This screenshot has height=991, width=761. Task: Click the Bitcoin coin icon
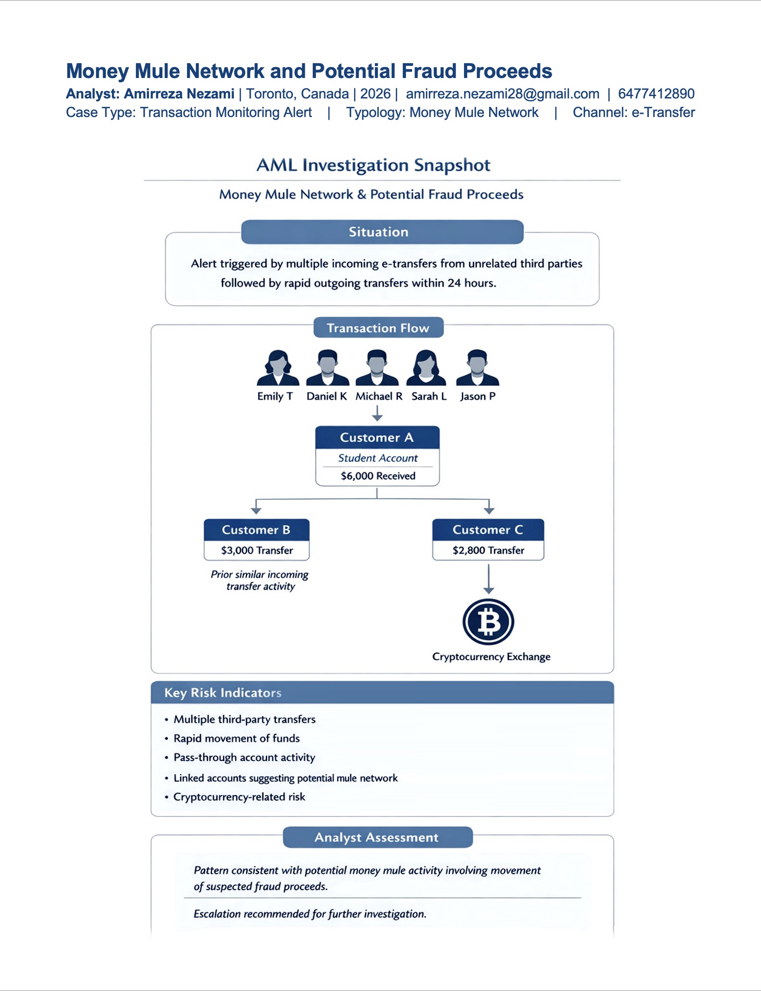click(488, 622)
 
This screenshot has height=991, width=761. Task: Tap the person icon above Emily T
click(277, 368)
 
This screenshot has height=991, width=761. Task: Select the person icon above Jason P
click(477, 368)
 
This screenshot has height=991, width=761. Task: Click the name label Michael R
click(379, 396)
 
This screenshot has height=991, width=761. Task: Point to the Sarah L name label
click(429, 396)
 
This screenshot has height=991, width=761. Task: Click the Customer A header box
click(377, 437)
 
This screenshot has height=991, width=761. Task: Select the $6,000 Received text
click(378, 476)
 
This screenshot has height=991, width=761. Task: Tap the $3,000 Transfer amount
click(257, 550)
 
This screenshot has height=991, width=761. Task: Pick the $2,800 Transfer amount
click(488, 550)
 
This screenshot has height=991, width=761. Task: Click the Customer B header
click(256, 530)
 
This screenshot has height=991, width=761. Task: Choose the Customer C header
click(488, 530)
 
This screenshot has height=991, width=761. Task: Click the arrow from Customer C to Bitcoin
click(489, 579)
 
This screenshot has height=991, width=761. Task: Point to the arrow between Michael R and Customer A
click(377, 413)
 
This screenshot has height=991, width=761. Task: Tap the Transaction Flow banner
click(378, 328)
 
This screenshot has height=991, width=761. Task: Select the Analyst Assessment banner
click(377, 837)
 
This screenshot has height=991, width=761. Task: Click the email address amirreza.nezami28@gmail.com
click(503, 94)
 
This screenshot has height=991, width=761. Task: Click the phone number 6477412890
click(656, 94)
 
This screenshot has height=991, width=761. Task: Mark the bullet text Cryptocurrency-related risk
click(239, 797)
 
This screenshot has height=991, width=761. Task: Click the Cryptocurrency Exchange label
click(491, 657)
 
